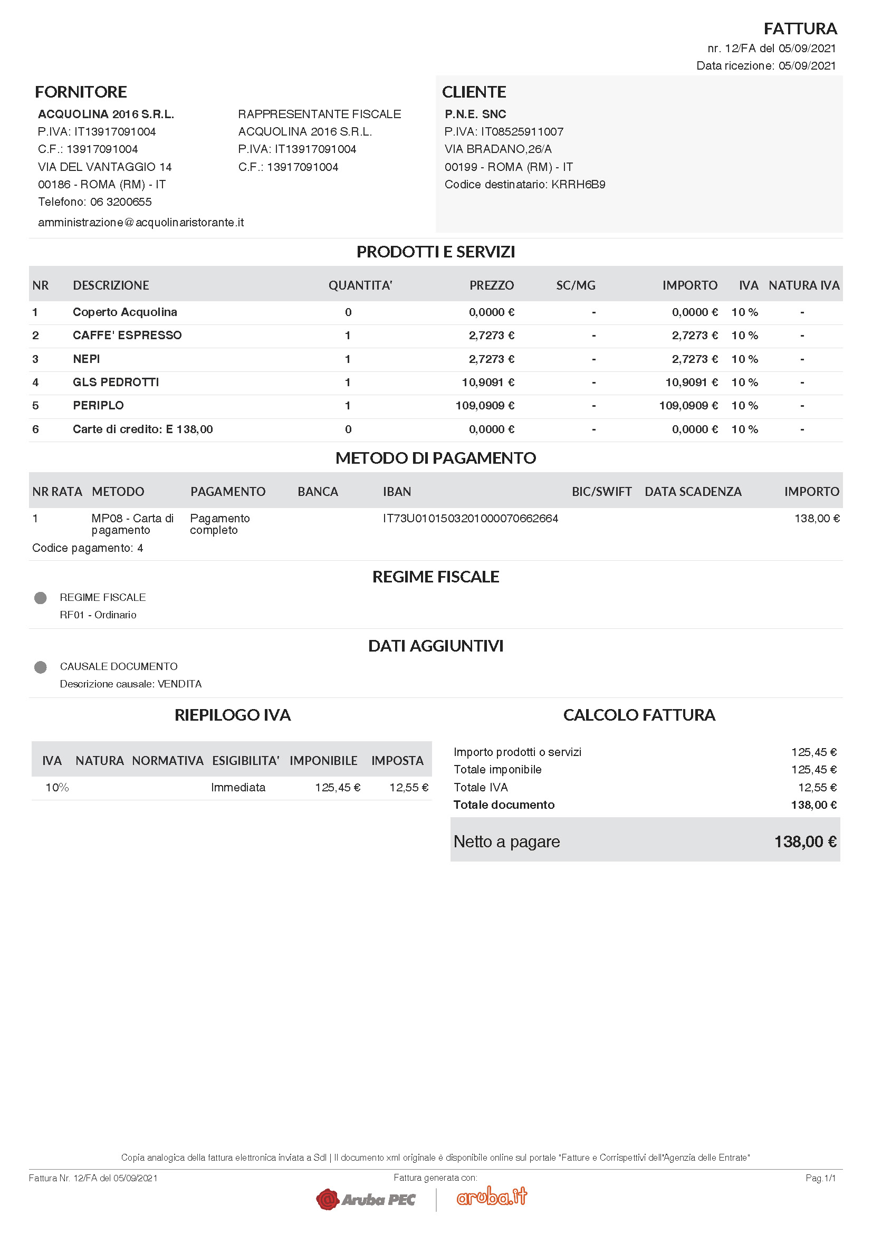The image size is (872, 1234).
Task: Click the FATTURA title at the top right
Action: pyautogui.click(x=800, y=28)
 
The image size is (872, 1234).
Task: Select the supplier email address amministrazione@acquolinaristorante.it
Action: pyautogui.click(x=141, y=223)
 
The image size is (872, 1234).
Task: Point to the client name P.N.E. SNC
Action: pyautogui.click(x=475, y=114)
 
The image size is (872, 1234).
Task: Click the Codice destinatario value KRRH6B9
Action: pyautogui.click(x=578, y=184)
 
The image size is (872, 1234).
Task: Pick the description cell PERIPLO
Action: pyautogui.click(x=98, y=406)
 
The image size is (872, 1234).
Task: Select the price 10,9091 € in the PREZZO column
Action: pyautogui.click(x=488, y=382)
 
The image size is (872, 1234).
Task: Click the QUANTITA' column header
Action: pyautogui.click(x=360, y=285)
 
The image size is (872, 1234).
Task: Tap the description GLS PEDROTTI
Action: pyautogui.click(x=116, y=382)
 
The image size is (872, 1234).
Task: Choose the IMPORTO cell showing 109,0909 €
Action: pyautogui.click(x=688, y=406)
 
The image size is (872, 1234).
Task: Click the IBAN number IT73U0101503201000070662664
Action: pyautogui.click(x=470, y=519)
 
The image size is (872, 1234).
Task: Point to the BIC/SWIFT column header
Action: pyautogui.click(x=601, y=492)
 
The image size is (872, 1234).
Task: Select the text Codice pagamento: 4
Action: pyautogui.click(x=88, y=548)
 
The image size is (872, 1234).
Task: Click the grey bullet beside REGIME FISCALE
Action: pyautogui.click(x=40, y=598)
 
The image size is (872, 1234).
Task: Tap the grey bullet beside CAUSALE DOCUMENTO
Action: pyautogui.click(x=40, y=667)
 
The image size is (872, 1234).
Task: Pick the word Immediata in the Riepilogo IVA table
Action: pyautogui.click(x=238, y=788)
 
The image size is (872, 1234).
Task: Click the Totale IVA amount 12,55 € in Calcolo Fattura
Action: pyautogui.click(x=817, y=788)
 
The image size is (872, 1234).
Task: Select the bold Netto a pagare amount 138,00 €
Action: pyautogui.click(x=805, y=842)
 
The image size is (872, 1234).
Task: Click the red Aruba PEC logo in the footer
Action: pyautogui.click(x=366, y=1199)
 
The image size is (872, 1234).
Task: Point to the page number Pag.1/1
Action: pyautogui.click(x=820, y=1178)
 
